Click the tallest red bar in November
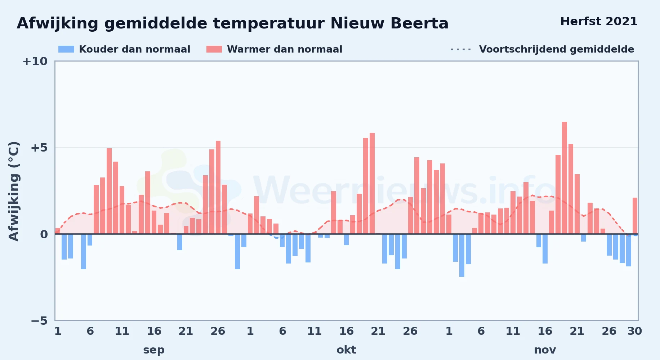(565, 178)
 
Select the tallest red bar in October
(372, 184)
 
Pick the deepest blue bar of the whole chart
(462, 255)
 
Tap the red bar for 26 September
(218, 187)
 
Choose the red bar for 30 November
(635, 216)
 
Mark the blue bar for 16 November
(545, 249)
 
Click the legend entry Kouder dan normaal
(124, 49)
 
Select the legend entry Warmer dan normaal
(275, 49)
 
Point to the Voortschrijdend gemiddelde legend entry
(542, 49)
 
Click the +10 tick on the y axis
(35, 61)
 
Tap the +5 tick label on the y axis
(39, 148)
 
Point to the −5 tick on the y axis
(39, 320)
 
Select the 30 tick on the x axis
(635, 331)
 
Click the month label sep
(154, 350)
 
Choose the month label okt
(346, 350)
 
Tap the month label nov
(545, 350)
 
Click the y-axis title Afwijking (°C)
(14, 191)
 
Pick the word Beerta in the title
(420, 23)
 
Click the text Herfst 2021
(599, 22)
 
